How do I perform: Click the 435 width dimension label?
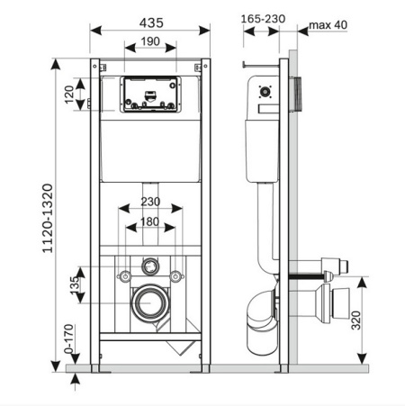pyautogui.click(x=151, y=23)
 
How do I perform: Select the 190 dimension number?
pyautogui.click(x=150, y=41)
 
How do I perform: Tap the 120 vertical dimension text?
pyautogui.click(x=69, y=95)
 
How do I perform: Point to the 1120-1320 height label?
pyautogui.click(x=48, y=218)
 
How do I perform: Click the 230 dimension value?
pyautogui.click(x=150, y=202)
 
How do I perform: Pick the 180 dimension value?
pyautogui.click(x=149, y=221)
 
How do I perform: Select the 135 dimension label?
pyautogui.click(x=75, y=285)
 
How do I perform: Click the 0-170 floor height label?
pyautogui.click(x=68, y=338)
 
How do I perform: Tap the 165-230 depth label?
pyautogui.click(x=263, y=19)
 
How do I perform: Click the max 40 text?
pyautogui.click(x=328, y=25)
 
